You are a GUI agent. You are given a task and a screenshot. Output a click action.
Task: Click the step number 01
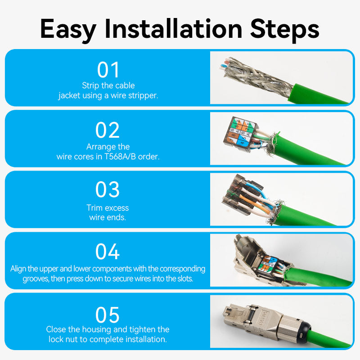[108, 70]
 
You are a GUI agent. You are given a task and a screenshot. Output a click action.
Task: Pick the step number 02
[108, 130]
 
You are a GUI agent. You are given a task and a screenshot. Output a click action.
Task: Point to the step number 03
[108, 190]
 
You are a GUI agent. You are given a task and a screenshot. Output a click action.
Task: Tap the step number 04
[108, 252]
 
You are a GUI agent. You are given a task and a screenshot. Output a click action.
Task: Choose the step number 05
[108, 315]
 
